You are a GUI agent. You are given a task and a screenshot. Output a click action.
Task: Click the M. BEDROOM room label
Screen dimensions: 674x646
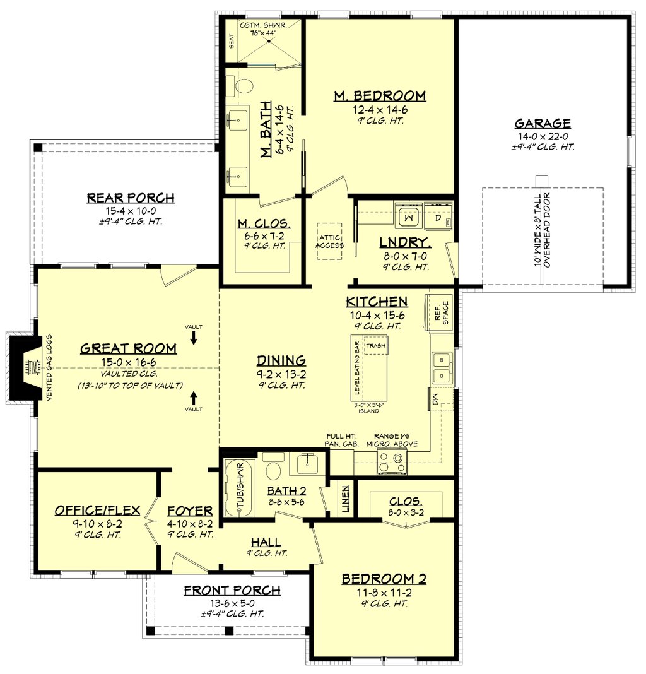(380, 96)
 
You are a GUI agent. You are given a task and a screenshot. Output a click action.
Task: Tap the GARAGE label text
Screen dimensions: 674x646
(543, 123)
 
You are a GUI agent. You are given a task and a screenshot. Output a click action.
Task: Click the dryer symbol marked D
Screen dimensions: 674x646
(438, 216)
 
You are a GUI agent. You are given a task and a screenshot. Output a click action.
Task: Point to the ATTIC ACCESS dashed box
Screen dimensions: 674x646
(330, 241)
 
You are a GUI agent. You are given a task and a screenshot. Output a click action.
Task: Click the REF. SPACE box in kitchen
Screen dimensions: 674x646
(440, 311)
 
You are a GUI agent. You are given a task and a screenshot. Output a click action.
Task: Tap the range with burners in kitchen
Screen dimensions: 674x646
(392, 462)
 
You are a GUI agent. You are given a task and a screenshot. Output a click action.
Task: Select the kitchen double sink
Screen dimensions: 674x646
(442, 368)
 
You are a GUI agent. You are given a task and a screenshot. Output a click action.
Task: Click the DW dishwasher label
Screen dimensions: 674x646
(435, 399)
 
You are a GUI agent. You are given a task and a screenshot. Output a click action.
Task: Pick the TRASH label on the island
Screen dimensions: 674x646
(376, 345)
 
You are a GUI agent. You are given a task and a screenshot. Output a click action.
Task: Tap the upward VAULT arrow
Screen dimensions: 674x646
(194, 398)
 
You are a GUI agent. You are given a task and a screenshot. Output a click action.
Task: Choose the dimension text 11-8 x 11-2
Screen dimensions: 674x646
(384, 593)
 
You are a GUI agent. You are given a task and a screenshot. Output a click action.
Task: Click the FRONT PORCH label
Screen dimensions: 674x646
(232, 591)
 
